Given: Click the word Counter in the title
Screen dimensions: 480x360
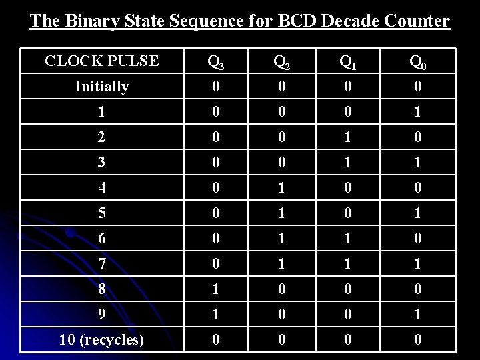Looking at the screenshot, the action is [x=416, y=21].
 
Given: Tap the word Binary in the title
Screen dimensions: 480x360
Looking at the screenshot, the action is [x=91, y=21].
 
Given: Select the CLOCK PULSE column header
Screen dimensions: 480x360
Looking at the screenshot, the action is [x=102, y=61].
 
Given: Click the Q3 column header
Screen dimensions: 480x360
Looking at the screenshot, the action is [x=215, y=62].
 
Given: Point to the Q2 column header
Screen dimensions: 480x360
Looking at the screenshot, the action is [x=282, y=62].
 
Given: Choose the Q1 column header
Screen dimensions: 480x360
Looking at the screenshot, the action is [x=347, y=62].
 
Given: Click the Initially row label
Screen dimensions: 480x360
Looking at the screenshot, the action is [x=102, y=86].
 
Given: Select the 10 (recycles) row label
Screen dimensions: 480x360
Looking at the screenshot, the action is [x=102, y=339].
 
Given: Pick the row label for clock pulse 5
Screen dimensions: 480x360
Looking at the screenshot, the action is [x=102, y=213].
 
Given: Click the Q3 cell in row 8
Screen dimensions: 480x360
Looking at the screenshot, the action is [x=215, y=289].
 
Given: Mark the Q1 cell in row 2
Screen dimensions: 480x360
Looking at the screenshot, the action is [x=347, y=137].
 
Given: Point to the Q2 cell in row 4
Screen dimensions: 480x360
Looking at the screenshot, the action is [x=282, y=187].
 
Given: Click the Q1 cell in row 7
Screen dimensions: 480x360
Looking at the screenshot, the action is [x=347, y=263].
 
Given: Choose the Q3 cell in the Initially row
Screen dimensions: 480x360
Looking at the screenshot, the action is [x=215, y=86].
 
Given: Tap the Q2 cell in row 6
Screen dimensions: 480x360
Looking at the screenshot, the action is [x=282, y=238].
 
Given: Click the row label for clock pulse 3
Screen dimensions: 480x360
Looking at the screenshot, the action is [x=102, y=162].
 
